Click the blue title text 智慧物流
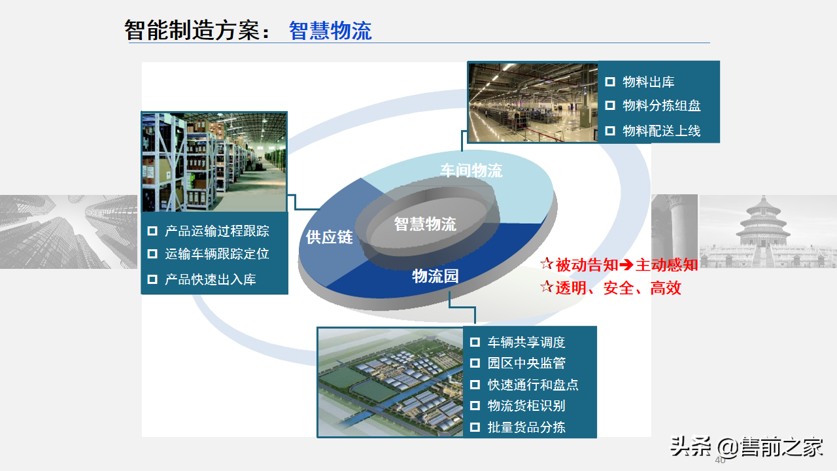330,30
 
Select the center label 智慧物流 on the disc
425,224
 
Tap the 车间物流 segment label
471,171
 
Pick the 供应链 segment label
329,237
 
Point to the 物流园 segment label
436,276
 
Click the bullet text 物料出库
648,82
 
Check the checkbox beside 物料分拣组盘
610,105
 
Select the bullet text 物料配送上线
661,131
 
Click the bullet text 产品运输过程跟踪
216,231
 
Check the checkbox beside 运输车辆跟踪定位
152,254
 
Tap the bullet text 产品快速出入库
210,279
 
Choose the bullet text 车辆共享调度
526,342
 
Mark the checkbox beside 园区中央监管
475,364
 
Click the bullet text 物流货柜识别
526,406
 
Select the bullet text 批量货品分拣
526,428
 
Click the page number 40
720,461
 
